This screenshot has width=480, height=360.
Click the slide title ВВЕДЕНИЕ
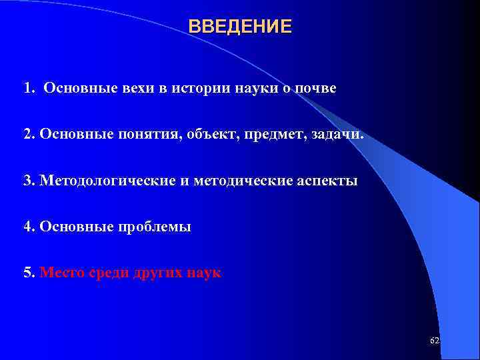[x=240, y=27]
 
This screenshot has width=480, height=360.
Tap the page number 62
[x=435, y=341]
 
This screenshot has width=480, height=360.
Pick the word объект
[x=193, y=135]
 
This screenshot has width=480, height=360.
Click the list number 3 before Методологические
[x=27, y=181]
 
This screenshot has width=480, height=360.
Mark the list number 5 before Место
[x=27, y=273]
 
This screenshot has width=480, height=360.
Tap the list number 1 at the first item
[x=27, y=89]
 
